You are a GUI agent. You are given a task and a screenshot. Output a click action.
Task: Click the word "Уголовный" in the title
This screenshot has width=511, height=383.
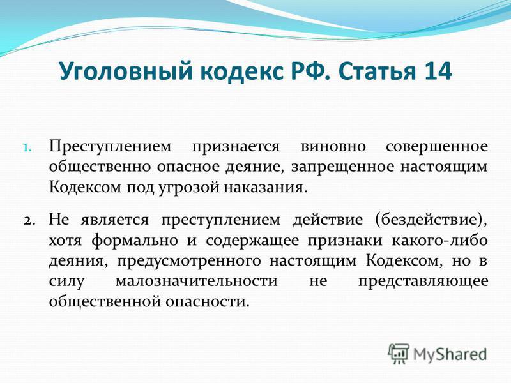126,71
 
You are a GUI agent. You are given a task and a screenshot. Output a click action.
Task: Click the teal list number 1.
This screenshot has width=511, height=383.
27,147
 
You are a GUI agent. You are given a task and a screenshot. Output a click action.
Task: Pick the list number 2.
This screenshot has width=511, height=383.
29,221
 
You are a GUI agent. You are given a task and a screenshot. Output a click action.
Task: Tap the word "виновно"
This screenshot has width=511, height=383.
333,147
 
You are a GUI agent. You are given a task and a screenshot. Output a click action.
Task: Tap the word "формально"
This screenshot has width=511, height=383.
135,241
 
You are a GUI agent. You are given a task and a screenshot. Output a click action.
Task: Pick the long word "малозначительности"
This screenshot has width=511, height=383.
197,281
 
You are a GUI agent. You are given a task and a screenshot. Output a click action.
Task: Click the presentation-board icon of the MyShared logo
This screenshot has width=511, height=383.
399,354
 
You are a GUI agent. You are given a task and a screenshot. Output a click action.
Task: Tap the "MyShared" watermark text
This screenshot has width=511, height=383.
450,354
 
